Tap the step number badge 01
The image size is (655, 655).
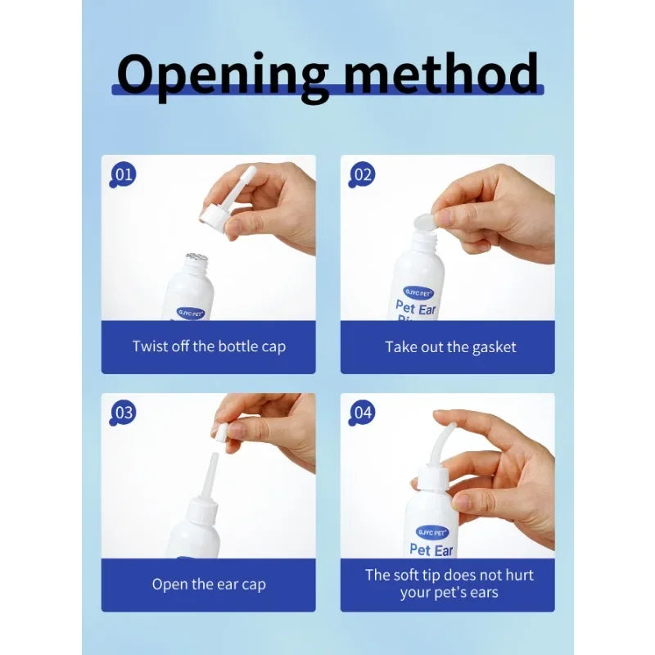(124, 174)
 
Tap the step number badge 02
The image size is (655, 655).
(363, 174)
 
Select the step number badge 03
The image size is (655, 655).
(124, 413)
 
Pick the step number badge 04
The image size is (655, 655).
(363, 413)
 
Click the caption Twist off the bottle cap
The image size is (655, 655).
(209, 346)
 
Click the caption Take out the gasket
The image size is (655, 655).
(450, 347)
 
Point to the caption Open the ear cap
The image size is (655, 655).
(209, 585)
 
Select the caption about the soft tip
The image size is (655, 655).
(449, 583)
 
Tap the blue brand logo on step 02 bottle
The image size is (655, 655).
(418, 291)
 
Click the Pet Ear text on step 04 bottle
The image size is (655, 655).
(431, 549)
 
